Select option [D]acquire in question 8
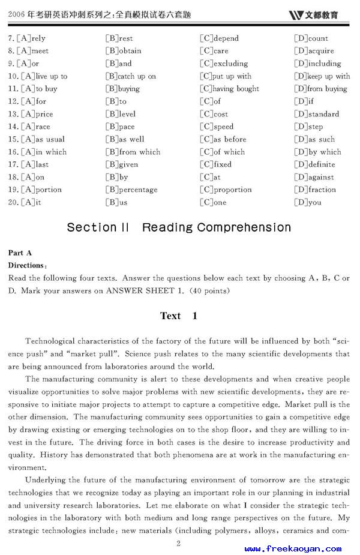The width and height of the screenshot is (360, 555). click(314, 51)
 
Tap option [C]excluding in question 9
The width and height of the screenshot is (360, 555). click(224, 64)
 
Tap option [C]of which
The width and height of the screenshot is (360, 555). click(222, 152)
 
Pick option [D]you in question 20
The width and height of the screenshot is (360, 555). click(307, 202)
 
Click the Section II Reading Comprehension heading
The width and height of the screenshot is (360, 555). click(179, 227)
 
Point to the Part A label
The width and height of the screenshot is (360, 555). click(20, 253)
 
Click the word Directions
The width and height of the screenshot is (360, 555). click(26, 265)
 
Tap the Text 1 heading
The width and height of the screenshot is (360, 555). click(178, 316)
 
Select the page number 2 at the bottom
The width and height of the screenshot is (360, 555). click(178, 544)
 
